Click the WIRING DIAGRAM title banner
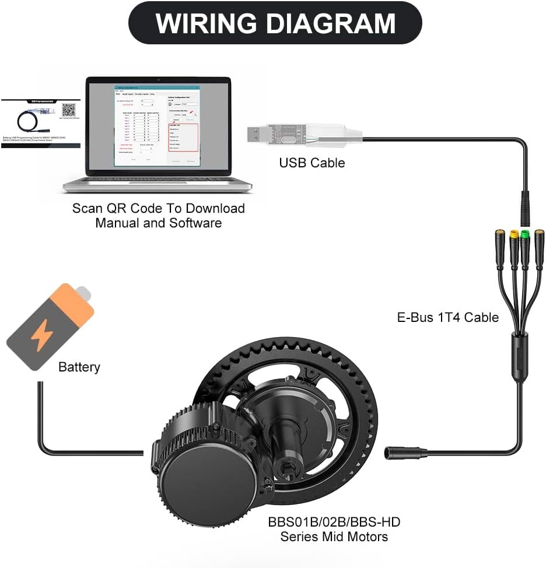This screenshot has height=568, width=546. pyautogui.click(x=275, y=23)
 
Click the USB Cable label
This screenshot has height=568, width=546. pyautogui.click(x=311, y=163)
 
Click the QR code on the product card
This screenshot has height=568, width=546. pyautogui.click(x=69, y=110)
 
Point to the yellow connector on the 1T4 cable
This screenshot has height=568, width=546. pyautogui.click(x=514, y=237)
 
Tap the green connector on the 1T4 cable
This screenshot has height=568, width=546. pyautogui.click(x=525, y=236)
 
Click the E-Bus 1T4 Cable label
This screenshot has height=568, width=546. pyautogui.click(x=448, y=317)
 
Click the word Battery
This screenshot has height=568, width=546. pyautogui.click(x=79, y=367)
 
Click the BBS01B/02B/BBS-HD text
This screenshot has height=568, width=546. pyautogui.click(x=334, y=521)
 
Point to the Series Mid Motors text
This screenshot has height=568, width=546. pyautogui.click(x=334, y=536)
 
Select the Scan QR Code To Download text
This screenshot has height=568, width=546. pyautogui.click(x=158, y=208)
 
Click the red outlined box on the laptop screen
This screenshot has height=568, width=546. pyautogui.click(x=184, y=138)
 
